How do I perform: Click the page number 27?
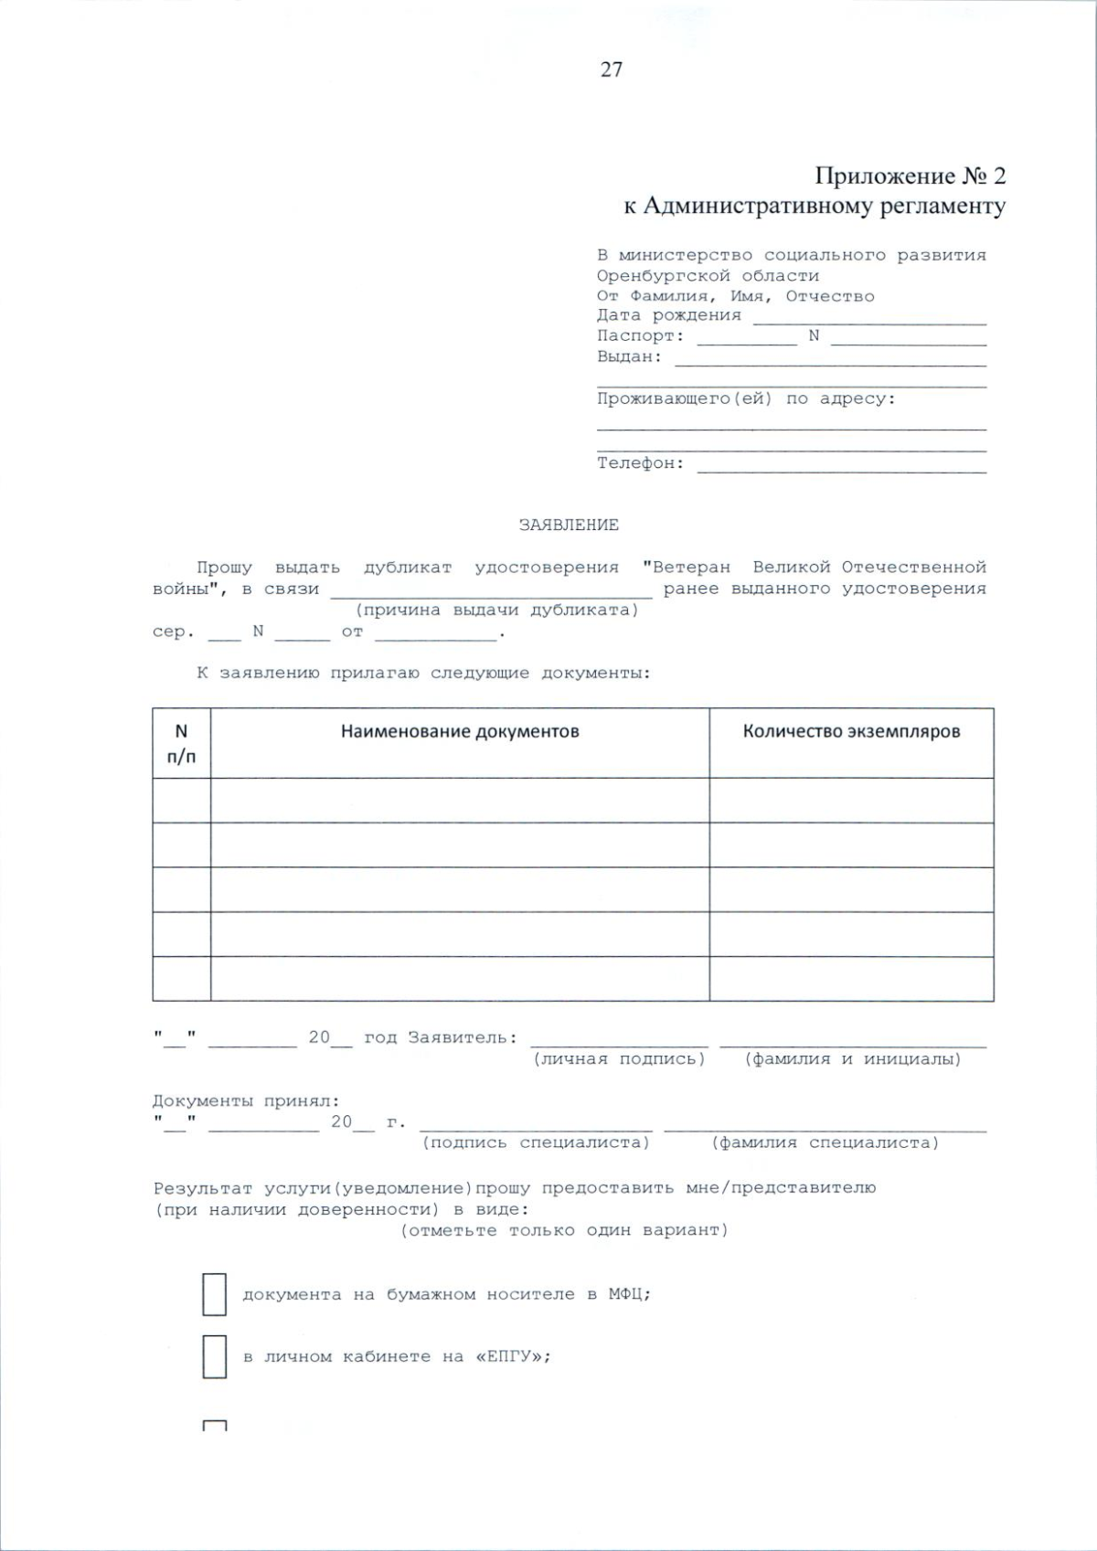click(612, 69)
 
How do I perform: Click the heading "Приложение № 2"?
click(910, 175)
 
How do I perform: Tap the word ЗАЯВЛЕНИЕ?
click(569, 525)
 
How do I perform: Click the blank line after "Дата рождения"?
click(868, 318)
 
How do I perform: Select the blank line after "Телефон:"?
click(841, 466)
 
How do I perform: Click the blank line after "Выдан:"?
click(830, 359)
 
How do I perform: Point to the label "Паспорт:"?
click(640, 336)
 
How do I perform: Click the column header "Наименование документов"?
click(460, 732)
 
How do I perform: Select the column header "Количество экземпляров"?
click(851, 732)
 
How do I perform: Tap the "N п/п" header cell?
click(181, 743)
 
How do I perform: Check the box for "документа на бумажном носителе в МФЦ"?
click(214, 1294)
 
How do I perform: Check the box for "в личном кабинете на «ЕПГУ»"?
click(214, 1356)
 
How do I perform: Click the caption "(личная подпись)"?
click(619, 1059)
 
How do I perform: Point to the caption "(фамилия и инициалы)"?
click(853, 1059)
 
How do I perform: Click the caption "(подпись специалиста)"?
click(536, 1142)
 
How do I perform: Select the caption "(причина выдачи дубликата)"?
click(496, 610)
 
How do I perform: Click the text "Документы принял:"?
click(246, 1101)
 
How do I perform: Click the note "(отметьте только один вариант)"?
click(564, 1230)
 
